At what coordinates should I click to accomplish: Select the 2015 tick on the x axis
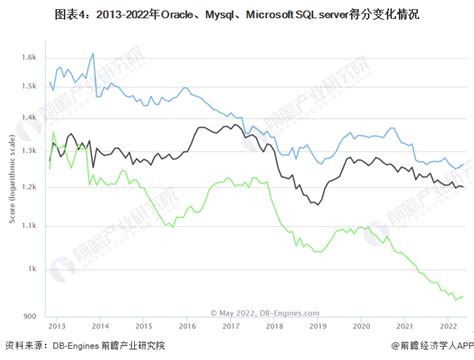(x=144, y=325)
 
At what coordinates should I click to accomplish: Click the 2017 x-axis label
(x=231, y=325)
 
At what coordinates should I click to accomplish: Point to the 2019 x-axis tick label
(x=318, y=325)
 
